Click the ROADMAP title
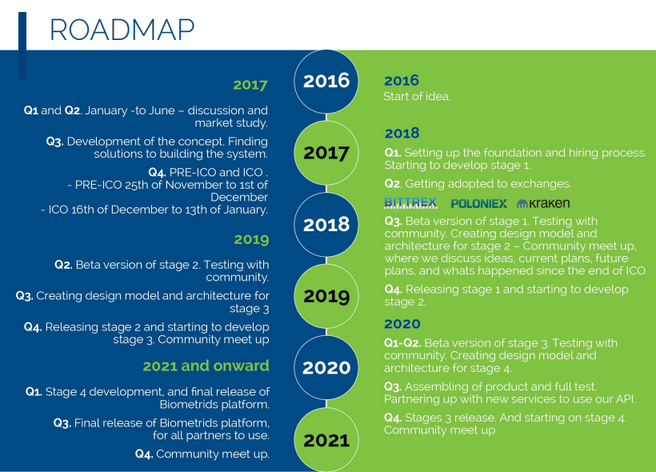122,30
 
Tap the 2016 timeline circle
326,81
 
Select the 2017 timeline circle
326,153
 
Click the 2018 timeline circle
326,225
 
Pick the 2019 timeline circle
326,296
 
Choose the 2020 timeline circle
326,368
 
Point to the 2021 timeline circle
326,440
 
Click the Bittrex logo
410,203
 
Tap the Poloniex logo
479,204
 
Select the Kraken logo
543,203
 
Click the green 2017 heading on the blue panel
250,85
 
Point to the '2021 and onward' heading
206,366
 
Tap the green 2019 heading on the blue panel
251,239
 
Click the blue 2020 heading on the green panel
402,324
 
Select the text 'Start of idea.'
417,97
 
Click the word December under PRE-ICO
239,197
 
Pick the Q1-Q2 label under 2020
402,343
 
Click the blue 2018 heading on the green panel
402,134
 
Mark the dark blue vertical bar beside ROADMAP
22,46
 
